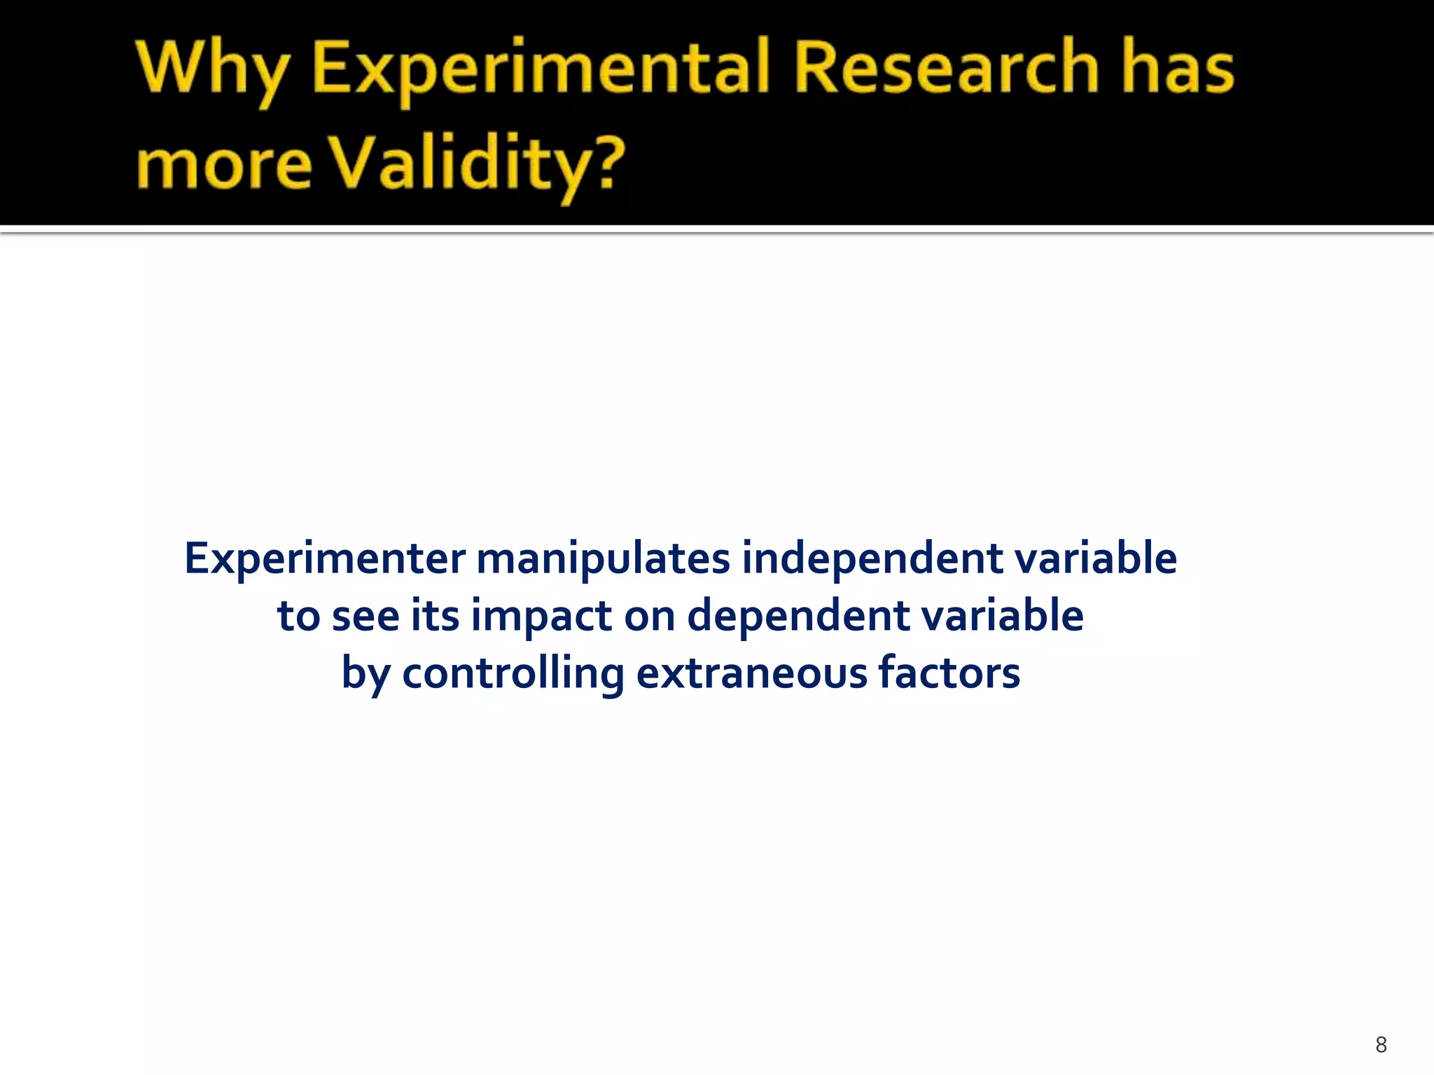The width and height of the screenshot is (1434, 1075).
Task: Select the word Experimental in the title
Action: coord(540,70)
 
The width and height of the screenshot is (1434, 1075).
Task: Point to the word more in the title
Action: coord(223,165)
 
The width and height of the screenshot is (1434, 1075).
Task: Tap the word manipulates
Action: coord(603,558)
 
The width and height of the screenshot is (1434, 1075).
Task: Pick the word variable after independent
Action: coord(1095,558)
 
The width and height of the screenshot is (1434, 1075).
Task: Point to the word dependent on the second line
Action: coord(798,617)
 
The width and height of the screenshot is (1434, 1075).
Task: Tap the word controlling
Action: coord(513,673)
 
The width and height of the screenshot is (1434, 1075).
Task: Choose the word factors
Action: coord(949,673)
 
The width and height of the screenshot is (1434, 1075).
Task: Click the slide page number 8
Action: coord(1381,1045)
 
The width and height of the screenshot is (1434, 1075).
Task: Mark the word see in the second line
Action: coord(365,617)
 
